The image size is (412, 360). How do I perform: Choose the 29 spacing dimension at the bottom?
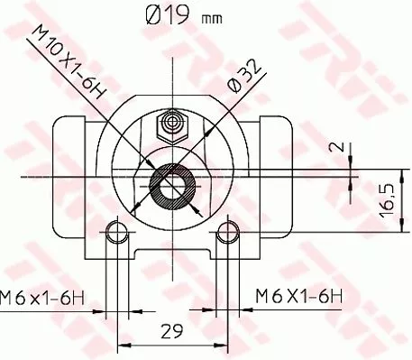point(169,331)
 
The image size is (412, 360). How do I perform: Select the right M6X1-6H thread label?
point(298,294)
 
